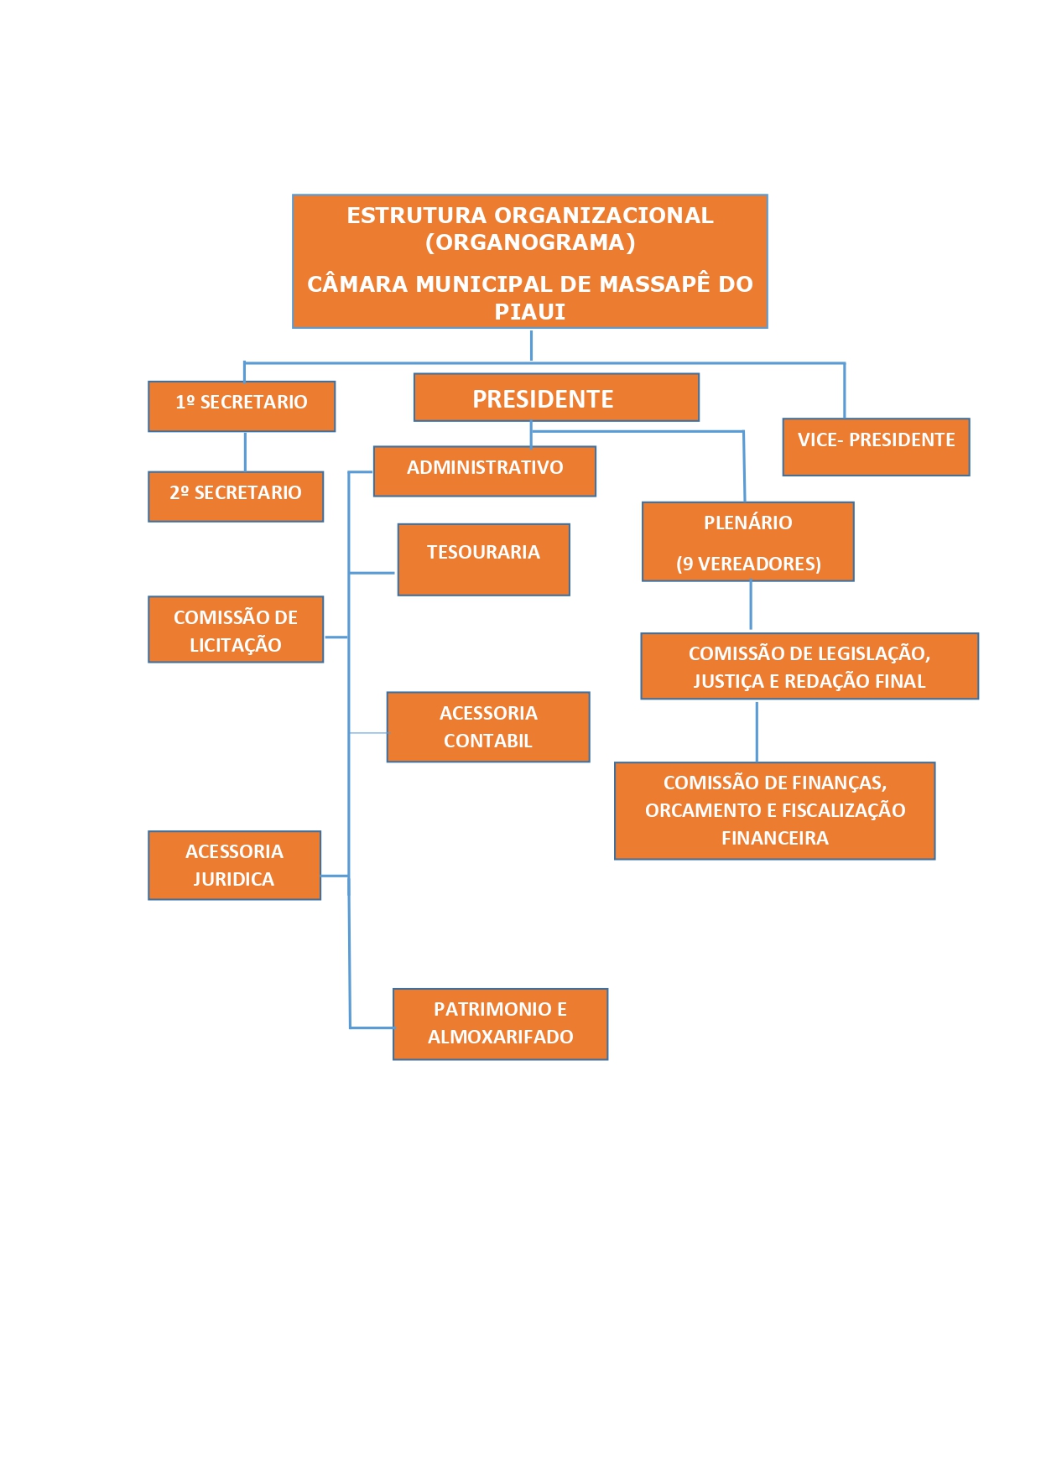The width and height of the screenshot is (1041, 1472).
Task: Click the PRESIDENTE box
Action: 555,398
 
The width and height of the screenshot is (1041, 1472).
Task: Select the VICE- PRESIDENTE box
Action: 876,447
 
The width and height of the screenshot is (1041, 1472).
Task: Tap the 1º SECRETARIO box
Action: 242,407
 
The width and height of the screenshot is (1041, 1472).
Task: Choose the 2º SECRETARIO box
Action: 236,497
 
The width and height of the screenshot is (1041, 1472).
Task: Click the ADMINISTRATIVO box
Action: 485,471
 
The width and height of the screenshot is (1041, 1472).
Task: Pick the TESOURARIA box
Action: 483,559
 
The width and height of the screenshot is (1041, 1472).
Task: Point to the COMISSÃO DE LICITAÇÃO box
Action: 236,630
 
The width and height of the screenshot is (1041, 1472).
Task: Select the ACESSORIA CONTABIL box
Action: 488,727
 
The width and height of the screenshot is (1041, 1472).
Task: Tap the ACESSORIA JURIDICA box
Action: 234,866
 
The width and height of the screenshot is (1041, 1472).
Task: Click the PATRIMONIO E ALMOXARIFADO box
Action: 500,1024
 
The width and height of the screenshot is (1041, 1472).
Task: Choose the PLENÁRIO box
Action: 747,523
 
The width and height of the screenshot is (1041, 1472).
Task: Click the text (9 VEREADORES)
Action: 748,564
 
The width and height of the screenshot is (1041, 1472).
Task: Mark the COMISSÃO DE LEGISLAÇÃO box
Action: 809,666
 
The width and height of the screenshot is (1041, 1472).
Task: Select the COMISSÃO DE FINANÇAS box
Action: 774,810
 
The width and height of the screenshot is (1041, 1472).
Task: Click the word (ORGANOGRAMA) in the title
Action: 530,242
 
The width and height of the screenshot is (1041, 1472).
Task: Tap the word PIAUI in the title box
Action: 530,312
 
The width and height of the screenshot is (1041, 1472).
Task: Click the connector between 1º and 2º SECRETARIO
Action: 245,451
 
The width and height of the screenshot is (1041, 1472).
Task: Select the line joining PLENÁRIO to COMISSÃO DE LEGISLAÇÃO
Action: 751,605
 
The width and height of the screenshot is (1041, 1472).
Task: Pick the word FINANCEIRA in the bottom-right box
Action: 775,838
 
